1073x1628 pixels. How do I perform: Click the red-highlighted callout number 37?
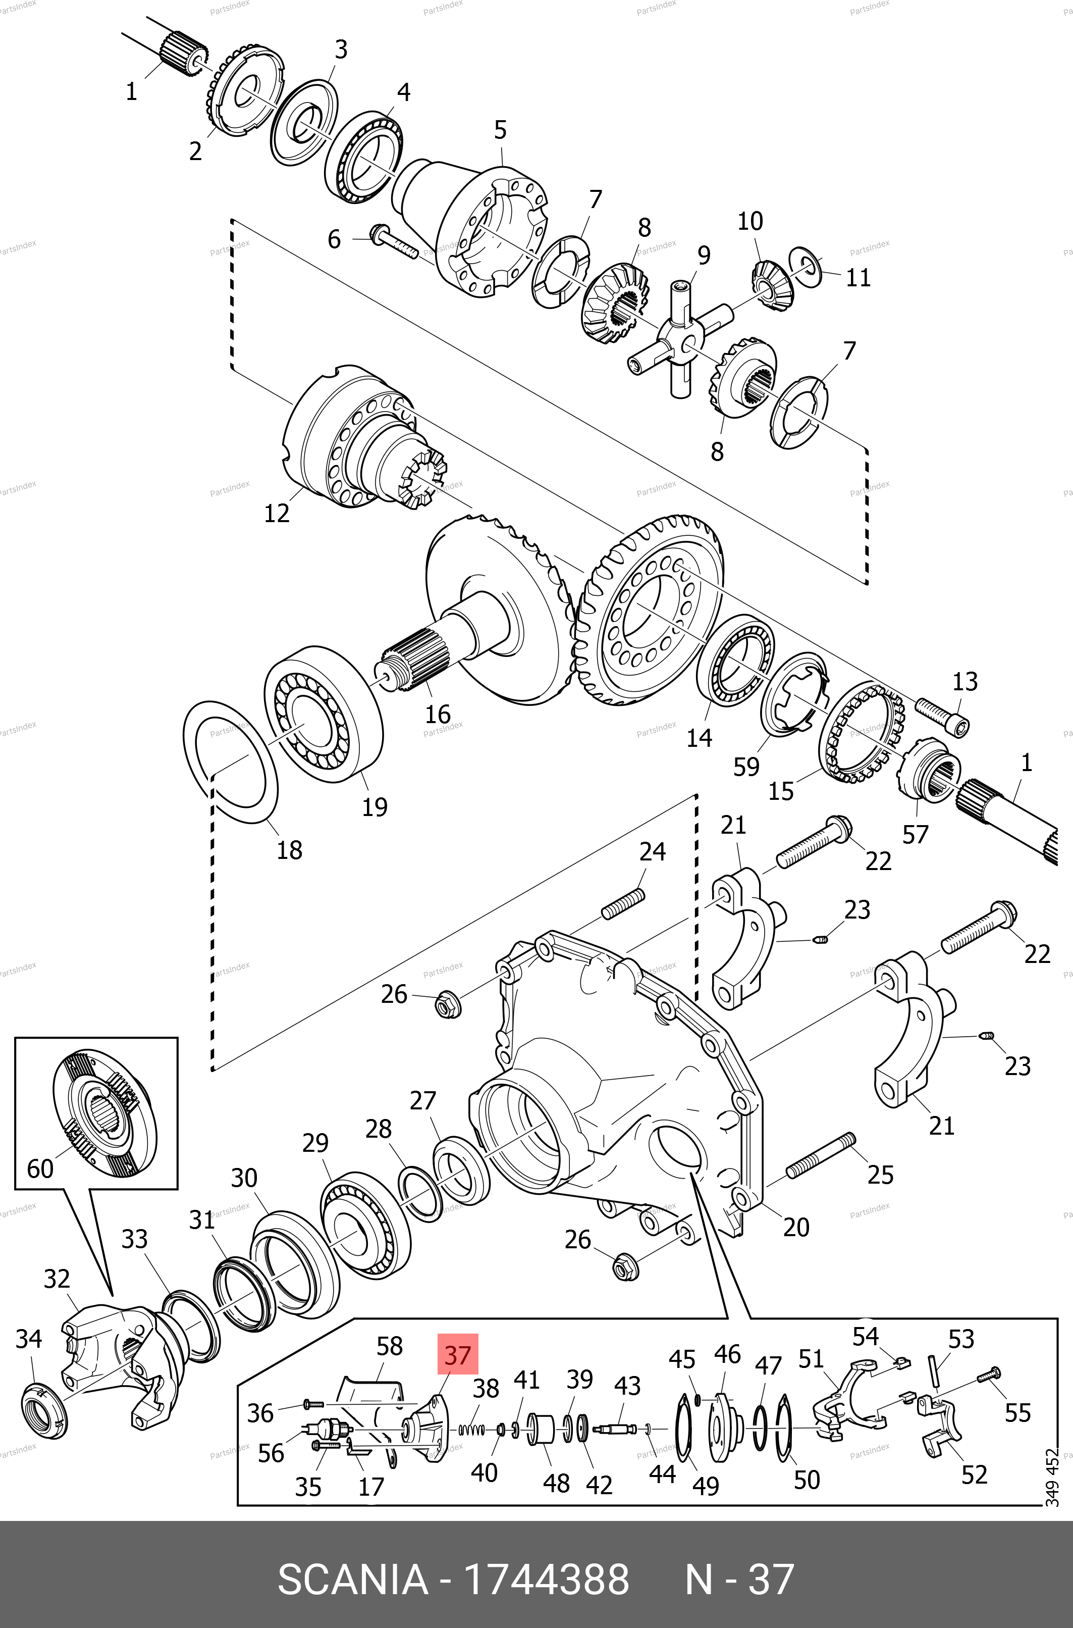pyautogui.click(x=458, y=1354)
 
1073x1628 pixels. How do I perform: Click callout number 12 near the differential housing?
pyautogui.click(x=277, y=513)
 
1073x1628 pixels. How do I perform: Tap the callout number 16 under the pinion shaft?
pyautogui.click(x=438, y=714)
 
